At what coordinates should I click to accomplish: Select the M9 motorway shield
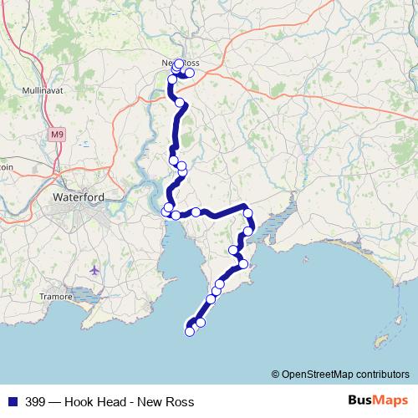pyautogui.click(x=56, y=134)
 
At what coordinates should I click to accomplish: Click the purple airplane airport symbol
pyautogui.click(x=94, y=270)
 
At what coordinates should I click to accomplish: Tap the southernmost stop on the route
pyautogui.click(x=190, y=331)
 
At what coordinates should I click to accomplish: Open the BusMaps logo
pyautogui.click(x=378, y=400)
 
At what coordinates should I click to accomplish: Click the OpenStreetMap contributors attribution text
pyautogui.click(x=345, y=374)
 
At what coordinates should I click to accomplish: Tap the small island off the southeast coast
pyautogui.click(x=382, y=341)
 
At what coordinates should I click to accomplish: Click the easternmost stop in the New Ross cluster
pyautogui.click(x=190, y=73)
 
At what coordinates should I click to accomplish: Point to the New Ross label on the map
pyautogui.click(x=180, y=63)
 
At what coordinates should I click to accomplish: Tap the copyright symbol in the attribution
pyautogui.click(x=276, y=374)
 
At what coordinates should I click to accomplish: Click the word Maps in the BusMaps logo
pyautogui.click(x=389, y=400)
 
